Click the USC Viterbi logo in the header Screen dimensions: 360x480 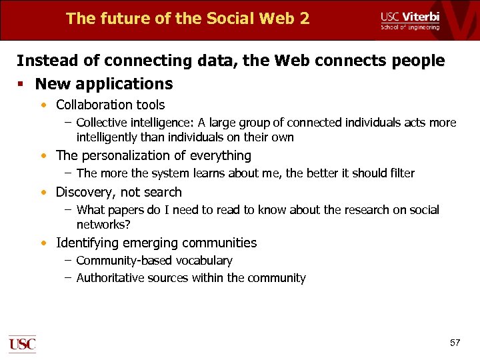coord(410,19)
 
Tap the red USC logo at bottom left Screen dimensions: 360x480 coord(22,344)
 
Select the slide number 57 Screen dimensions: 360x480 coord(455,343)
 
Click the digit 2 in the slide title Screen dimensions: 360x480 coord(304,19)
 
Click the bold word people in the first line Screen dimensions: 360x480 coord(418,61)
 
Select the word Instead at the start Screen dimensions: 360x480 coord(41,61)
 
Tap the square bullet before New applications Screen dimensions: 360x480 coord(23,84)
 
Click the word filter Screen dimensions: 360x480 coord(399,173)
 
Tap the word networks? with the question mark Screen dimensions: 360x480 coord(103,225)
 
